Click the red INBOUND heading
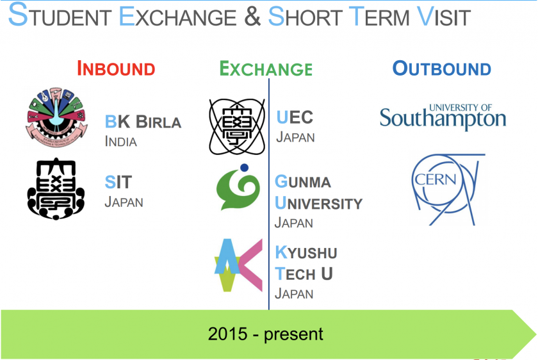click(116, 69)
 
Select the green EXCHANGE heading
click(266, 69)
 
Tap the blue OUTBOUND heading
click(441, 69)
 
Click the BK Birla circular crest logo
click(56, 117)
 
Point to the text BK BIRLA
click(143, 122)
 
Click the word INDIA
click(121, 142)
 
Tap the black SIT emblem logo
click(56, 188)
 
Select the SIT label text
click(118, 182)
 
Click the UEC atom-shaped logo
click(237, 127)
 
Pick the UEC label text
click(295, 117)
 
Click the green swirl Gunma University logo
click(238, 188)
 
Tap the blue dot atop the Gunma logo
click(244, 167)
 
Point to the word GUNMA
click(302, 181)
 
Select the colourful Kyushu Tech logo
click(238, 265)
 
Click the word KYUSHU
click(306, 252)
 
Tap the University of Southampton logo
click(443, 117)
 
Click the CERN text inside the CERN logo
click(436, 179)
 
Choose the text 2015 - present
click(266, 334)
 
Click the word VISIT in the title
click(444, 16)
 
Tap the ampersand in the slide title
click(252, 17)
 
